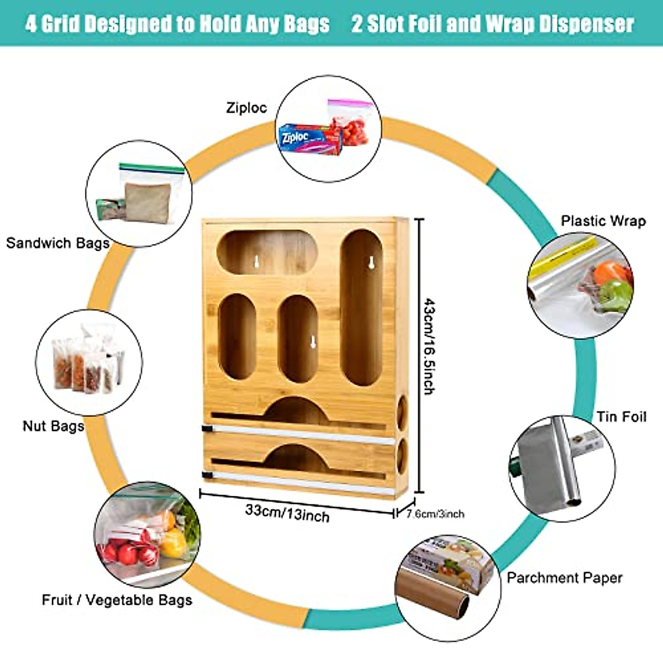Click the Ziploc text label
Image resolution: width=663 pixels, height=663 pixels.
246,108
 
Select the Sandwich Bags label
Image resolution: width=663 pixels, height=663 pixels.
58,243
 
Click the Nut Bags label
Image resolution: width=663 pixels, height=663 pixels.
54,426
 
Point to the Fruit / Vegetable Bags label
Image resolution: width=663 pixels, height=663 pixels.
117,600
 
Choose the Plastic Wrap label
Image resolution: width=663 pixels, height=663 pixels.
603,221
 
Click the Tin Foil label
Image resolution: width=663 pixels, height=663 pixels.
621,417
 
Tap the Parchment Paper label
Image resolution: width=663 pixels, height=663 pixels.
565,578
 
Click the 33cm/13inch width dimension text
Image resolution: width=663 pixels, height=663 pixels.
287,512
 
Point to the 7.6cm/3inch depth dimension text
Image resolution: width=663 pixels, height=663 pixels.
435,514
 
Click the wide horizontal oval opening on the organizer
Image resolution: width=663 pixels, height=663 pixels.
267,253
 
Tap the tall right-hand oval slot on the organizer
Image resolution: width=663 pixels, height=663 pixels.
361,307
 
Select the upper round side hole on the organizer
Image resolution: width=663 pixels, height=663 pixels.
402,413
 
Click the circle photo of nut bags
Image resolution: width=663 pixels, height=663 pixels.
89,363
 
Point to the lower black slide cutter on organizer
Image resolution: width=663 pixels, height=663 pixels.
207,475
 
